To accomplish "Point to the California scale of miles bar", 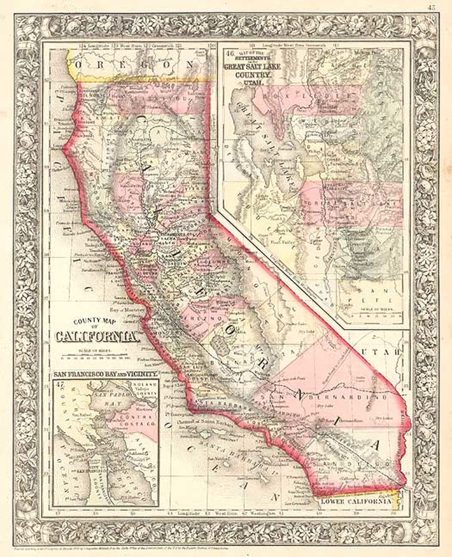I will point(94,355).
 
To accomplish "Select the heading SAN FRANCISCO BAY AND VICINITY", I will point(105,374).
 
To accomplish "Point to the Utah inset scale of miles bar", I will point(370,312).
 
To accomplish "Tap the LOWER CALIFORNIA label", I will point(356,501).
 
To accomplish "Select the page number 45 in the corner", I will point(432,6).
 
